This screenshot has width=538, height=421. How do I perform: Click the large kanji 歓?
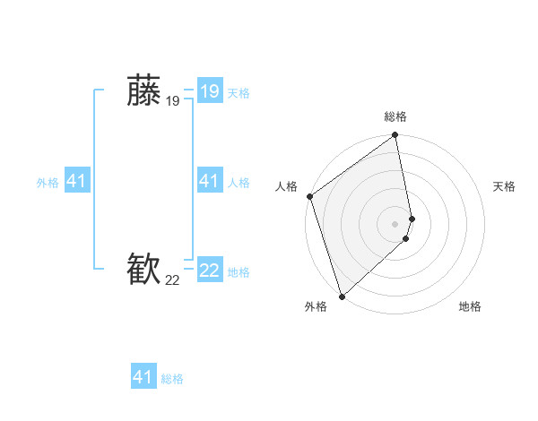click(143, 270)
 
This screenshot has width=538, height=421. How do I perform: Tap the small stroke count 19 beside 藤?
click(172, 102)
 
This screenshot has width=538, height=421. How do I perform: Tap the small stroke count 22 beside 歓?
click(172, 281)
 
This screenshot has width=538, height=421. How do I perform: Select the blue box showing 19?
click(209, 91)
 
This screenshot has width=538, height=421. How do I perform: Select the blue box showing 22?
click(209, 271)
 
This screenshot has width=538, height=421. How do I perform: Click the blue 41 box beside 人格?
click(209, 182)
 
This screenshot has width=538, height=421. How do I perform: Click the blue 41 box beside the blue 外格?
click(76, 182)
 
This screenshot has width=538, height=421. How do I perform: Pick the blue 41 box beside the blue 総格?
click(143, 377)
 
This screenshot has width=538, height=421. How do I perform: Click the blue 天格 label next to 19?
click(239, 93)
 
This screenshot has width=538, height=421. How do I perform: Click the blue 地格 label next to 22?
click(239, 272)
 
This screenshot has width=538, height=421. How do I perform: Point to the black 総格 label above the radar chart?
click(395, 116)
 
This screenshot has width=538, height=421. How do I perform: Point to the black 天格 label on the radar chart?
click(504, 186)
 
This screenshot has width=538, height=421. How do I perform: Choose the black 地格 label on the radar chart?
click(469, 306)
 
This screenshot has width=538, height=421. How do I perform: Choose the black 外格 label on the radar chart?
click(316, 306)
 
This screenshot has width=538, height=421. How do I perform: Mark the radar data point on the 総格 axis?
click(395, 136)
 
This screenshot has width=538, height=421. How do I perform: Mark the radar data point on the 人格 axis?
click(310, 196)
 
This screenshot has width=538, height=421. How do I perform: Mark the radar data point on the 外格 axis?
click(343, 296)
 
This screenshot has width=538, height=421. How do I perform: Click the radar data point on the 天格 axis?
click(412, 218)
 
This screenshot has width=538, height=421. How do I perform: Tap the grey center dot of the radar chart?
click(395, 223)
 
